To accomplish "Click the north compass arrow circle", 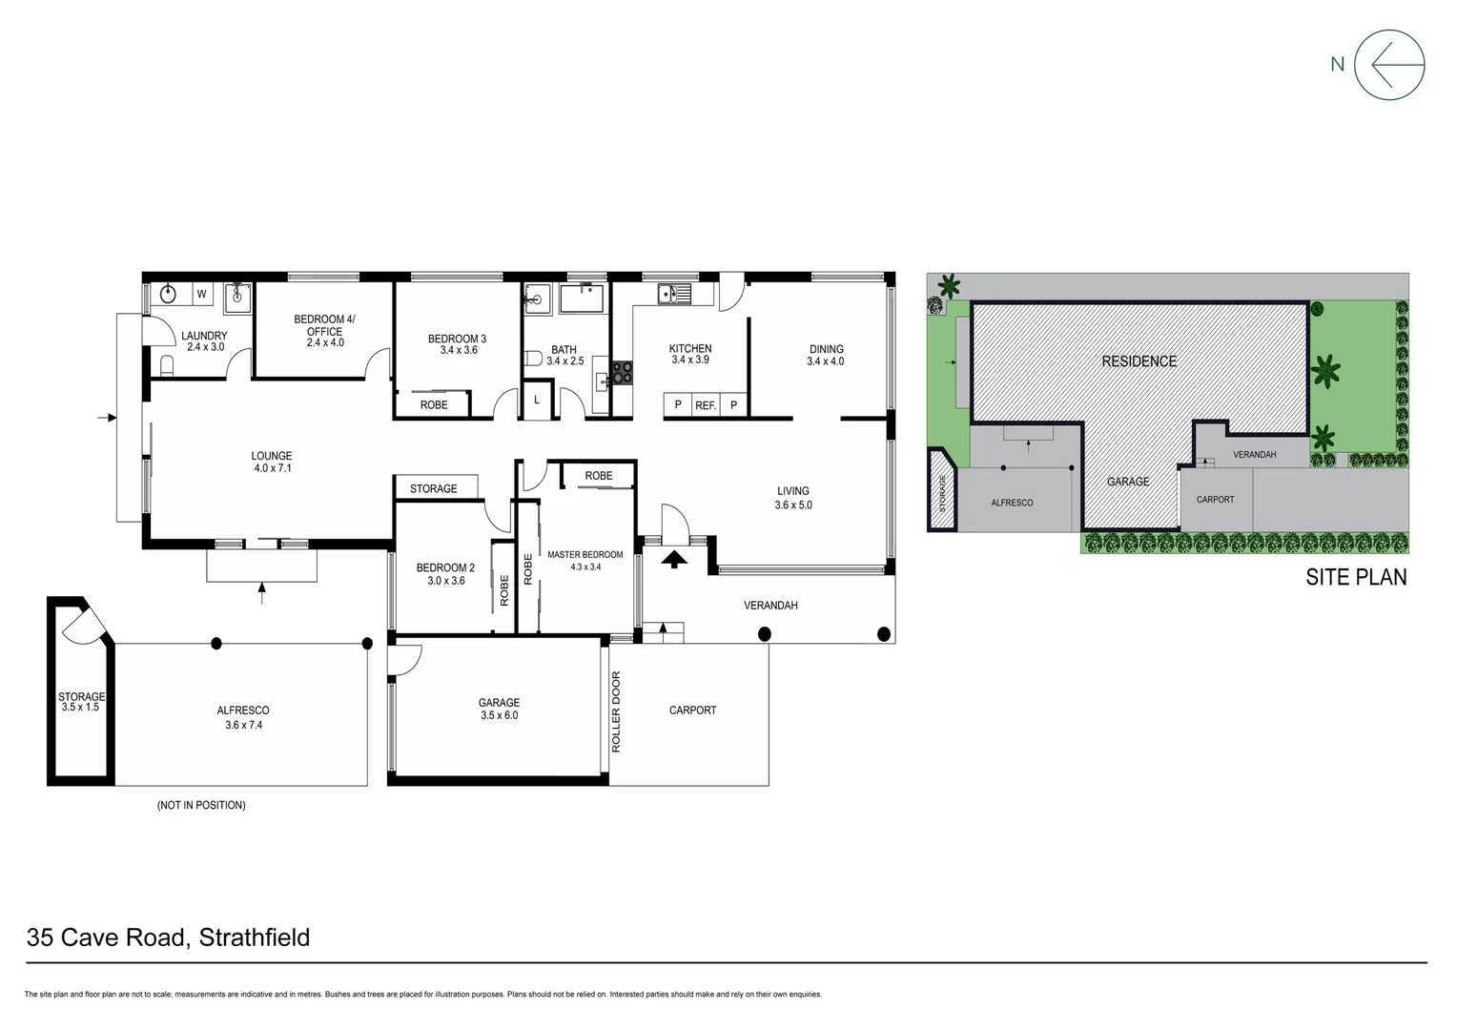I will click(x=1389, y=65).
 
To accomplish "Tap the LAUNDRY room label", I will click(x=204, y=336).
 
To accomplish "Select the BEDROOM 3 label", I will click(x=457, y=339).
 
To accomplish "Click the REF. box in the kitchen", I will click(x=706, y=405).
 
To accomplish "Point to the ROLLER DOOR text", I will click(x=616, y=711).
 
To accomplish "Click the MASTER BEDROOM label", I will click(x=585, y=555).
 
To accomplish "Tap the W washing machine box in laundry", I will click(x=202, y=295).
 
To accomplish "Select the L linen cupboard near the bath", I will click(x=537, y=401).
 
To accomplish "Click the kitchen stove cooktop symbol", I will click(x=622, y=372).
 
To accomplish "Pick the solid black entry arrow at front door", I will click(x=674, y=559).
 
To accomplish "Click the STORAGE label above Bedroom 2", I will click(x=434, y=488).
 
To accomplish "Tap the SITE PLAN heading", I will click(x=1356, y=577).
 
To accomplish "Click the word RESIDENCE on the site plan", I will click(x=1139, y=361).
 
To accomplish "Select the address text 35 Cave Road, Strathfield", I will click(x=169, y=937).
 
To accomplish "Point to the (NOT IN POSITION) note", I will click(x=201, y=805).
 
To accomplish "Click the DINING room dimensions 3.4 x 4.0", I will click(x=826, y=361).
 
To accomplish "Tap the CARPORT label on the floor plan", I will click(x=692, y=711).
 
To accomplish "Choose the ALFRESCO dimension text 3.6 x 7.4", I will click(x=243, y=724).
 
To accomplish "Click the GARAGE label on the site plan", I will click(x=1128, y=482).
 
